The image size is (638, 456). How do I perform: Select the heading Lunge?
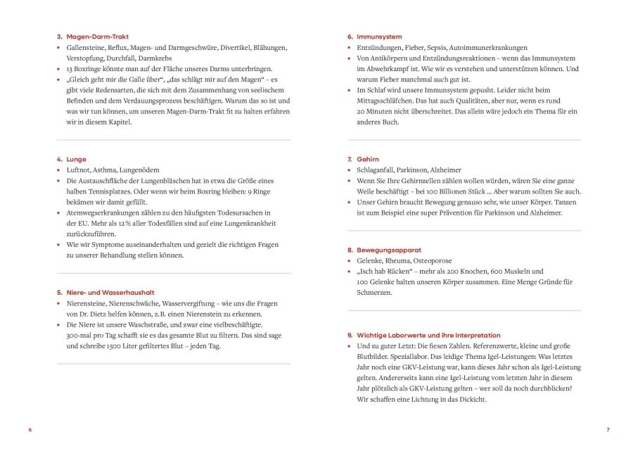pyautogui.click(x=76, y=159)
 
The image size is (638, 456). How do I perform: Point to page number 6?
pyautogui.click(x=30, y=429)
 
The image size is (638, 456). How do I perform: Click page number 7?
pyautogui.click(x=608, y=429)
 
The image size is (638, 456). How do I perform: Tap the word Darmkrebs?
pyautogui.click(x=156, y=58)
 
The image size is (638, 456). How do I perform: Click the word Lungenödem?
pyautogui.click(x=140, y=170)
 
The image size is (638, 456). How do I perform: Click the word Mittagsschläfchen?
pyautogui.click(x=390, y=101)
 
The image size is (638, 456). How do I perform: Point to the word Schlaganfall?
pyautogui.click(x=378, y=170)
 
